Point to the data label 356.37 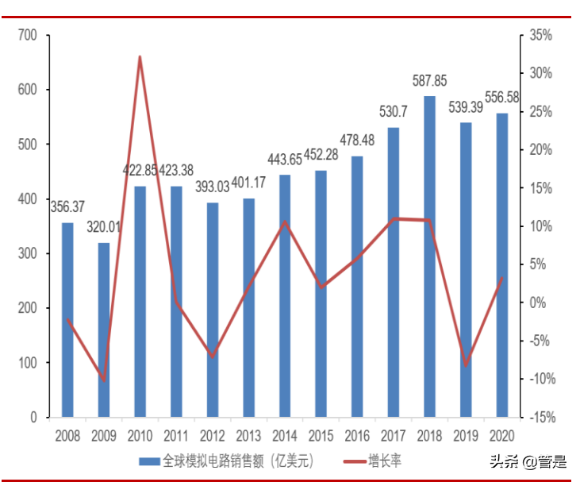tap(68, 208)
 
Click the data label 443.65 tap(285, 160)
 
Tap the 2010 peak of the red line tap(140, 57)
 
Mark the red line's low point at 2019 tap(467, 364)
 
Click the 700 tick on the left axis tap(28, 35)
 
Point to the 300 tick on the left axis tap(28, 253)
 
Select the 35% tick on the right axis tap(541, 35)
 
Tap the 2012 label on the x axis tap(212, 435)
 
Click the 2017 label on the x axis tap(394, 435)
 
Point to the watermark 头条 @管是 tap(528, 461)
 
